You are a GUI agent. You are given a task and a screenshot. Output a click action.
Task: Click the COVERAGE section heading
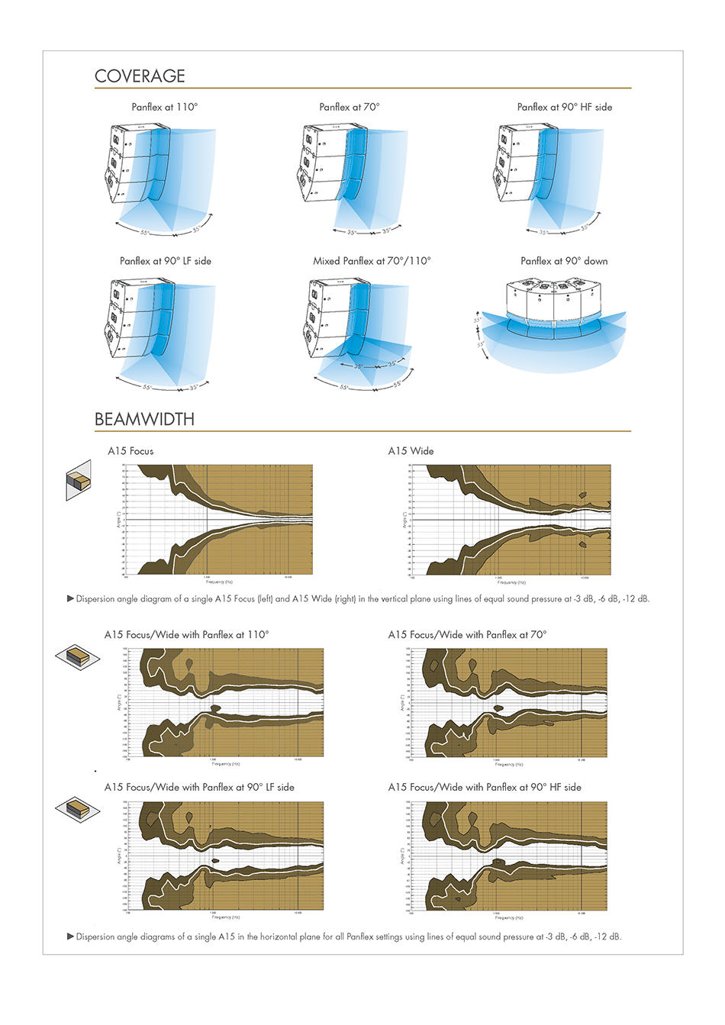140,76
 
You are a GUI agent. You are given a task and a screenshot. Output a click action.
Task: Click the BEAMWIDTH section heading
144,419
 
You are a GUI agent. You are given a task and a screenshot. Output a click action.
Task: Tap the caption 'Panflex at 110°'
164,107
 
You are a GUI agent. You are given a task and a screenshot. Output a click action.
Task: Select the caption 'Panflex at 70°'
349,107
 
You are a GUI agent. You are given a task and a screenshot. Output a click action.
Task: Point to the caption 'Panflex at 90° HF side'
564,107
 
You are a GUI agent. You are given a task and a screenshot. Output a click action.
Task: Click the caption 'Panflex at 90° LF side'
165,261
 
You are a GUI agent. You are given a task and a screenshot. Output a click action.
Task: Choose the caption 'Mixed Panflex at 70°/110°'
372,261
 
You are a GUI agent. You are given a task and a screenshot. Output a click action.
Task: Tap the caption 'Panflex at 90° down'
564,261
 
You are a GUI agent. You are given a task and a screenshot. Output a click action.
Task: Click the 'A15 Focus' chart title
130,451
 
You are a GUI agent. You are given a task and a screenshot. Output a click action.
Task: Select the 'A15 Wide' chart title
411,451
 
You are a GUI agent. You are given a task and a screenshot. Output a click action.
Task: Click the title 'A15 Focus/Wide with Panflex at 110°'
186,634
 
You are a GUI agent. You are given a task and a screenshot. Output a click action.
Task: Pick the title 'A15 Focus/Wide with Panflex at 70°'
467,634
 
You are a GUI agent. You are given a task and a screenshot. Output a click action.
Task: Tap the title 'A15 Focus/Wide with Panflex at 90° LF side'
199,787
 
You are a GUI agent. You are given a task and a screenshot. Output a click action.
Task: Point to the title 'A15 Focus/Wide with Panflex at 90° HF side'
485,787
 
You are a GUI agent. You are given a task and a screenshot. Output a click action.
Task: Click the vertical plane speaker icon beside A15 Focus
78,481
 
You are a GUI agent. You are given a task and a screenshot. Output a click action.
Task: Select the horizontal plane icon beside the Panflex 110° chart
78,656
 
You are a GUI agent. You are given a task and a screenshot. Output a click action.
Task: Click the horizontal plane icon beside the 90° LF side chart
78,808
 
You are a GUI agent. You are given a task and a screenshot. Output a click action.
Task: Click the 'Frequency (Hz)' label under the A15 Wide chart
511,582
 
